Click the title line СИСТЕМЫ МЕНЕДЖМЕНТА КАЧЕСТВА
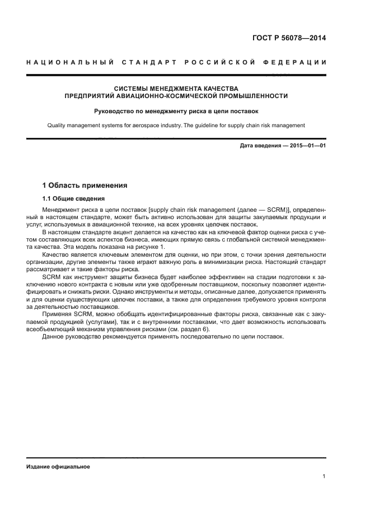pyautogui.click(x=176, y=89)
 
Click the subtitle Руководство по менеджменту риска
pyautogui.click(x=176, y=111)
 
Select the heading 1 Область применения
pyautogui.click(x=85, y=185)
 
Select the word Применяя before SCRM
pyautogui.click(x=58, y=314)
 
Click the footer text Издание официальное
pyautogui.click(x=58, y=466)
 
